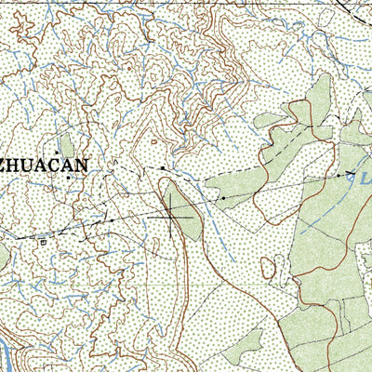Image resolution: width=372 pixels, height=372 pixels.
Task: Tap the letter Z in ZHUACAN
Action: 6,165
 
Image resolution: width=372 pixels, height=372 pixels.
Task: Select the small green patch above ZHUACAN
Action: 65,144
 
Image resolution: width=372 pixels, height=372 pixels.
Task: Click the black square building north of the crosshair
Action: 163,168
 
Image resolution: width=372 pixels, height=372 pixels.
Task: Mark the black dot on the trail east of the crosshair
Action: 223,197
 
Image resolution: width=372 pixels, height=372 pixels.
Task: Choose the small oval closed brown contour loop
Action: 269,269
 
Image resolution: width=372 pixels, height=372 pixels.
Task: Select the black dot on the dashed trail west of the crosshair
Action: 112,219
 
